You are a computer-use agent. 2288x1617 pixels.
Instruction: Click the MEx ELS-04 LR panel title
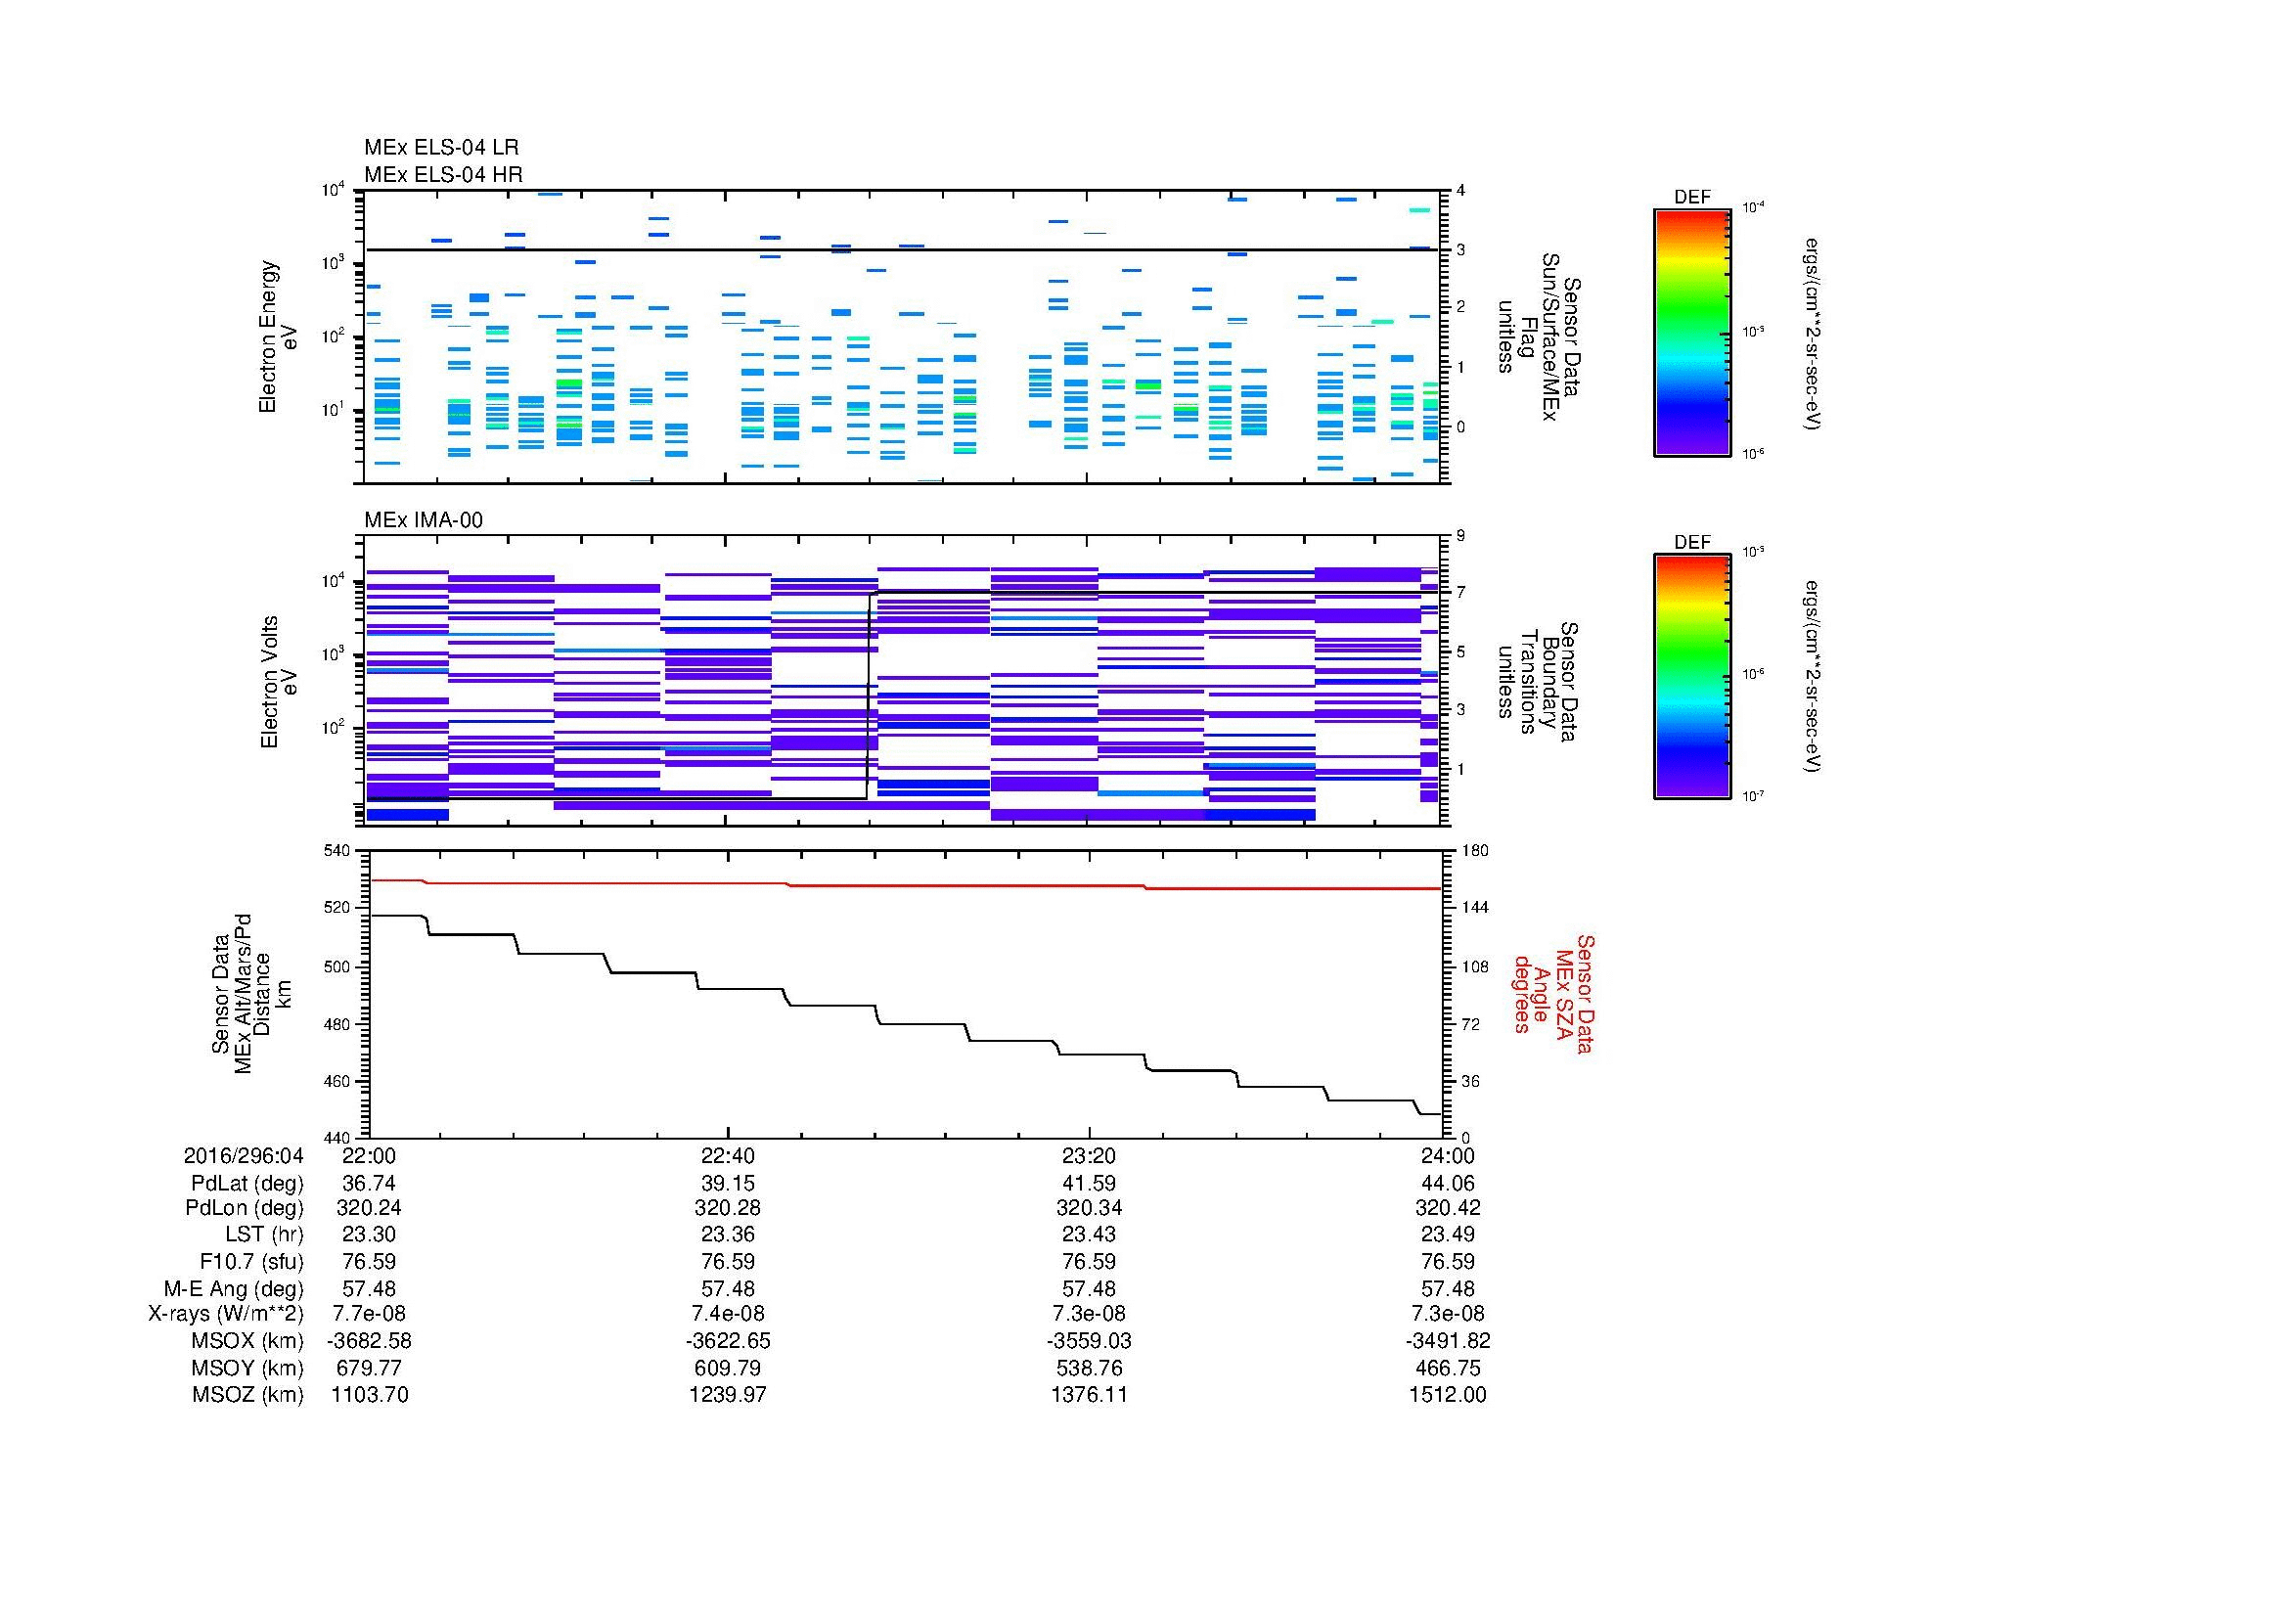tap(440, 148)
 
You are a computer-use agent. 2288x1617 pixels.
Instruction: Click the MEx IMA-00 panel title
tap(423, 520)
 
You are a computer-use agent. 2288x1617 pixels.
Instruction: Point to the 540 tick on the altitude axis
tap(336, 851)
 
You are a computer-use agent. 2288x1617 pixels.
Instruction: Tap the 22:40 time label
tap(728, 1155)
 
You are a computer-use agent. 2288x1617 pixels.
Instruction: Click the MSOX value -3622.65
tap(728, 1342)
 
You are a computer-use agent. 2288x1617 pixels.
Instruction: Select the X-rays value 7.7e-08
tap(369, 1315)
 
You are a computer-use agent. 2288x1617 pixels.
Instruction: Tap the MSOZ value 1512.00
tap(1447, 1395)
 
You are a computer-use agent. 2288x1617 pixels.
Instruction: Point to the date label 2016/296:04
tap(244, 1155)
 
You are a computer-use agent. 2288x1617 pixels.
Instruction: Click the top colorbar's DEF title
tap(1691, 198)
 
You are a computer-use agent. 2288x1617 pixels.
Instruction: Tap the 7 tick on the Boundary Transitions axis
tap(1460, 593)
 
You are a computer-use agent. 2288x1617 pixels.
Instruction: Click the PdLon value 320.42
tap(1447, 1208)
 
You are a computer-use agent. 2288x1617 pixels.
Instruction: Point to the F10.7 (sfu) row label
tap(250, 1262)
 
